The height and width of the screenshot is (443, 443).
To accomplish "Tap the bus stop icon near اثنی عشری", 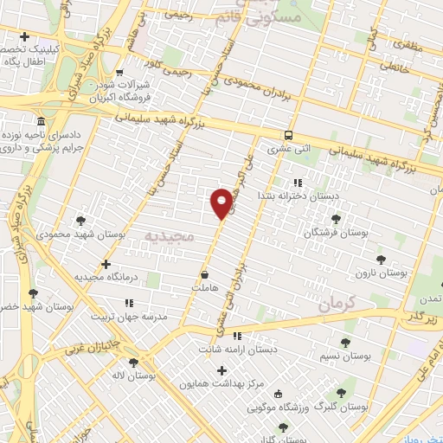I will click(288, 135).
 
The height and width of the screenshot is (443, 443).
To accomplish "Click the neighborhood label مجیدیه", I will click(167, 235).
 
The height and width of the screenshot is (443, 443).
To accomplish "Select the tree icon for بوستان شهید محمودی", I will click(80, 221).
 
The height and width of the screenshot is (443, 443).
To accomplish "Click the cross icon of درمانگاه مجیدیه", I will click(106, 264).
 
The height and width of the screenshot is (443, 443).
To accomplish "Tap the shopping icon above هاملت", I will click(204, 274).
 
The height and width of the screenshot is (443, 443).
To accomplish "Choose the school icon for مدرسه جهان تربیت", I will click(130, 303).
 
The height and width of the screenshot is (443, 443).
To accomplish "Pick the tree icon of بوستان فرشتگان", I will click(336, 220).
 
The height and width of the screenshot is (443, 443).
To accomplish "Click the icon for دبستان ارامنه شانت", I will click(236, 337).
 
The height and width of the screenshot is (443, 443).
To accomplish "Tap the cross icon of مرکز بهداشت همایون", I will click(221, 369).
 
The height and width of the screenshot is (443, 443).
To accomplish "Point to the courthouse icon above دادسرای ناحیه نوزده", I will click(42, 120).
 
